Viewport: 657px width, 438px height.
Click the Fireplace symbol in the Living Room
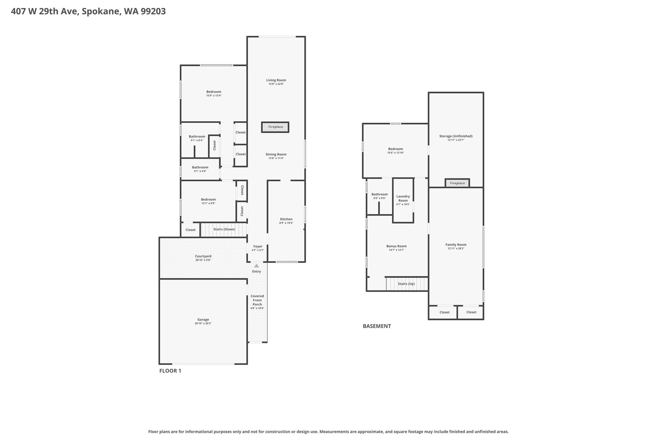[x=275, y=127]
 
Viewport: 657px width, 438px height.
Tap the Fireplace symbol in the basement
[x=457, y=183]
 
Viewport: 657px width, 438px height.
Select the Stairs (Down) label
[x=224, y=229]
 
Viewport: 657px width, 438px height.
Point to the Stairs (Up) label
[x=406, y=284]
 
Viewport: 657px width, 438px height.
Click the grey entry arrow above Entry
[x=257, y=266]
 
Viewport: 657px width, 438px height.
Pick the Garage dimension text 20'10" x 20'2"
[x=203, y=323]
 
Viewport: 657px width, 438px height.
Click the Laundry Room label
[x=403, y=198]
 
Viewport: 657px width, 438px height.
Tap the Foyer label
[x=258, y=246]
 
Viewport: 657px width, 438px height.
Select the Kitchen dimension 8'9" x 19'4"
[x=286, y=223]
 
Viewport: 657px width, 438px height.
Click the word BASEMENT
[x=377, y=326]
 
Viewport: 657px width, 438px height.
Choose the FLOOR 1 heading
[x=170, y=371]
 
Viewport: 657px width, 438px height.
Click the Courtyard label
[x=203, y=256]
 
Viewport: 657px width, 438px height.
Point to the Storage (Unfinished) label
[x=456, y=136]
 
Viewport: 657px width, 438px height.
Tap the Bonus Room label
[x=397, y=246]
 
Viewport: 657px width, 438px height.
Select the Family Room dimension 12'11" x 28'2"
[x=456, y=248]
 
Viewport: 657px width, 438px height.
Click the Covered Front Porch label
[x=257, y=300]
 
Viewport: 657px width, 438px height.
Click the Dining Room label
[x=276, y=154]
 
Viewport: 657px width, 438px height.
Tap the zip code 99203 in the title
[x=153, y=12]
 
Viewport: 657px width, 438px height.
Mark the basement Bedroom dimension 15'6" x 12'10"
[x=396, y=153]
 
